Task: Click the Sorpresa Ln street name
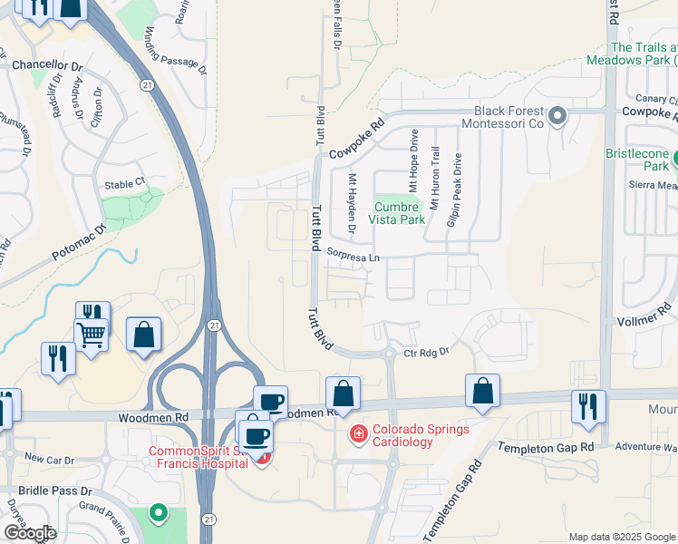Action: (353, 257)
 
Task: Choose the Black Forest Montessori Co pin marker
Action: (557, 115)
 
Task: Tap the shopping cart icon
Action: (91, 335)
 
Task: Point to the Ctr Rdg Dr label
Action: (427, 352)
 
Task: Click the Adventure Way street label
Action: (645, 447)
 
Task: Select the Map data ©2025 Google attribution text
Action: (622, 537)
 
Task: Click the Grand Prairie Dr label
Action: (110, 508)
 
